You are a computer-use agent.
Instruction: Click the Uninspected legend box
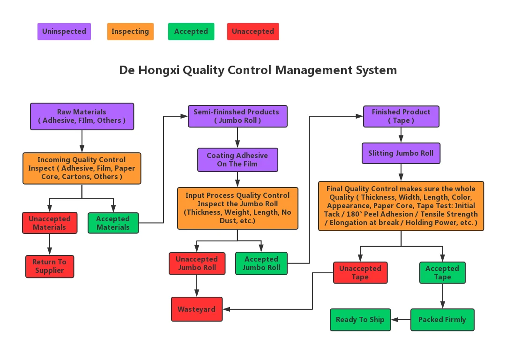click(x=64, y=31)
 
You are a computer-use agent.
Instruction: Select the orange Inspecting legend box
click(x=130, y=31)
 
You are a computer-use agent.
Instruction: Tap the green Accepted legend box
click(x=191, y=31)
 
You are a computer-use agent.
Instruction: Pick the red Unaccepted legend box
click(x=253, y=31)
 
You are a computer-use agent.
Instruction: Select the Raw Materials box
click(x=82, y=116)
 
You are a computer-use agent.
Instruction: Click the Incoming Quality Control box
click(x=82, y=168)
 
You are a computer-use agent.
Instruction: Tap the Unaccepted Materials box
click(x=49, y=223)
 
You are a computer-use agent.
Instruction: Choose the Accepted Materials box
click(x=113, y=223)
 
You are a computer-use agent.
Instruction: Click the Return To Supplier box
click(x=50, y=266)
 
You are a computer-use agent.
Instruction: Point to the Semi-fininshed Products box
click(x=238, y=116)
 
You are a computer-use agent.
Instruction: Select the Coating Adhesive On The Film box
click(x=238, y=160)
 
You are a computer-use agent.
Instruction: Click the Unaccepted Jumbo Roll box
click(x=197, y=263)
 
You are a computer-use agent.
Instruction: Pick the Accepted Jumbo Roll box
click(x=261, y=263)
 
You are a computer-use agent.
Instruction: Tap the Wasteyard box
click(x=197, y=309)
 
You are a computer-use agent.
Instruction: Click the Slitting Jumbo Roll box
click(x=401, y=153)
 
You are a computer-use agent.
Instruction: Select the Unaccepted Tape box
click(x=360, y=273)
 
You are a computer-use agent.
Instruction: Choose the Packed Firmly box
click(x=442, y=320)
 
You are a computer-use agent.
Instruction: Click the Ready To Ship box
click(x=360, y=320)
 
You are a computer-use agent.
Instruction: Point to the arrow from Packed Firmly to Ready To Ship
click(x=401, y=320)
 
